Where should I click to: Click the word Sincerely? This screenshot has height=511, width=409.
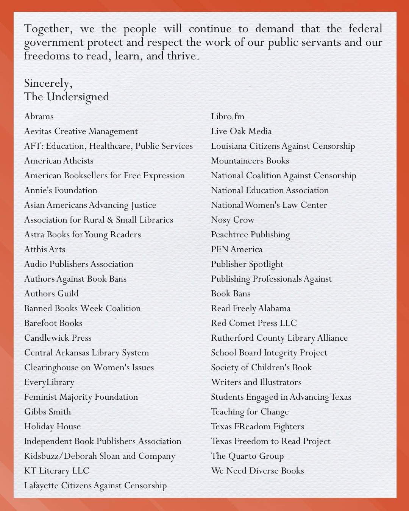(x=48, y=83)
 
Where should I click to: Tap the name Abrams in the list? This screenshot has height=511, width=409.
(x=39, y=117)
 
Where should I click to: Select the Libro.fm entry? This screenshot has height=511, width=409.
(x=228, y=117)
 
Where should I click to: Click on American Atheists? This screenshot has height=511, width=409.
(x=59, y=161)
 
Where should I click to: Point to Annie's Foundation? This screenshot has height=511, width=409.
(x=61, y=190)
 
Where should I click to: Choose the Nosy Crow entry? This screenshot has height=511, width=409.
(x=233, y=220)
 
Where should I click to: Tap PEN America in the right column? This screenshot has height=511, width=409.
(x=237, y=249)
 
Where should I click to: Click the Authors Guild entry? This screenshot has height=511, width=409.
(x=52, y=294)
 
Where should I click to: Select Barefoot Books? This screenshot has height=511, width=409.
(x=53, y=323)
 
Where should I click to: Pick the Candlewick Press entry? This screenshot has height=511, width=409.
(x=58, y=338)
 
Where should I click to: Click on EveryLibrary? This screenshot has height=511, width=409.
(x=49, y=382)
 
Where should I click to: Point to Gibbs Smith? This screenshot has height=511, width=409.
(x=48, y=412)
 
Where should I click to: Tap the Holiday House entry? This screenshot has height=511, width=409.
(x=53, y=427)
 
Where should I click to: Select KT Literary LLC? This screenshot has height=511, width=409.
(x=57, y=471)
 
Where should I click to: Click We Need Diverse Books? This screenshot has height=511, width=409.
(x=258, y=471)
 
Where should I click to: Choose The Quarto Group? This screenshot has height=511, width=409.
(x=247, y=456)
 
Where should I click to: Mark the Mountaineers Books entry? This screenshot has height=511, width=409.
(x=250, y=161)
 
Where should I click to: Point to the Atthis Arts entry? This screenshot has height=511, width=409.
(x=45, y=249)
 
